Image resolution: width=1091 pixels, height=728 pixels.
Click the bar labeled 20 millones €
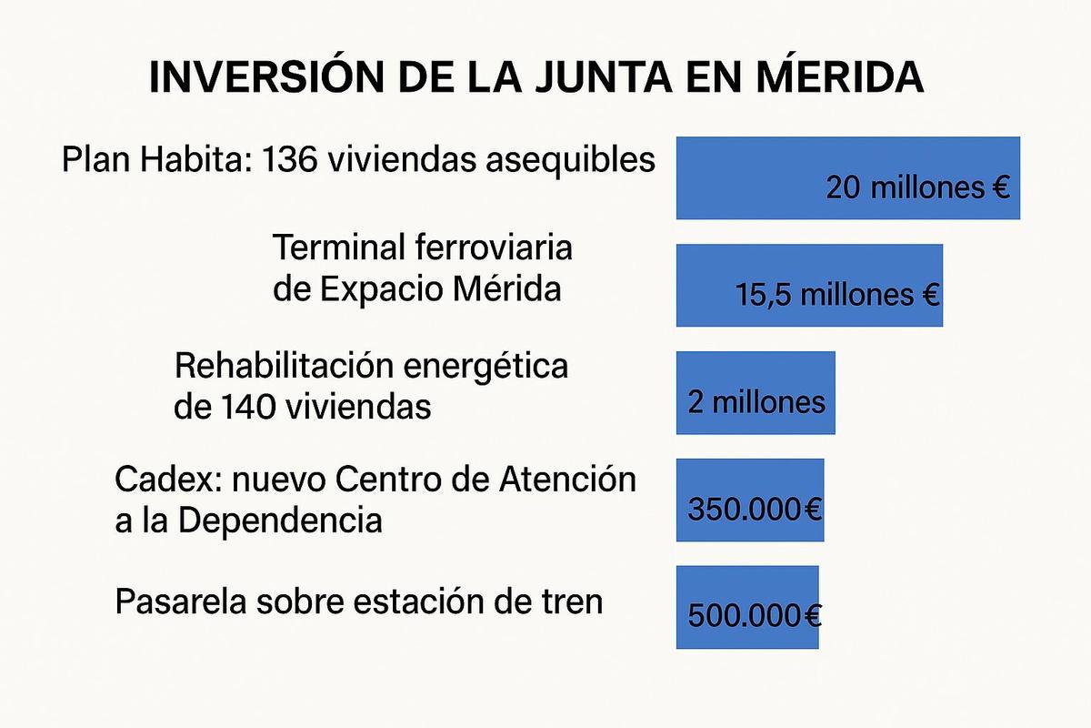coord(847,178)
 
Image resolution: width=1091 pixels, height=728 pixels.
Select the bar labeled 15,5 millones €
coord(809,286)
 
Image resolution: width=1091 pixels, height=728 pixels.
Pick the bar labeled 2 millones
coord(756,393)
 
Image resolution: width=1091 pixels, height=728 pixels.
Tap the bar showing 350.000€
coord(750,500)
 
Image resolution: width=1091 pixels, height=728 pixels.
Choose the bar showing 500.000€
coord(747,607)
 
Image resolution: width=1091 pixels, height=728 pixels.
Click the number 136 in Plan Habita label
coord(289,160)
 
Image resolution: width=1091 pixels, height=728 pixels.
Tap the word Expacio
coord(377,291)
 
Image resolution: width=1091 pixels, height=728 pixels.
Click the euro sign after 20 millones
coord(1001,188)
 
